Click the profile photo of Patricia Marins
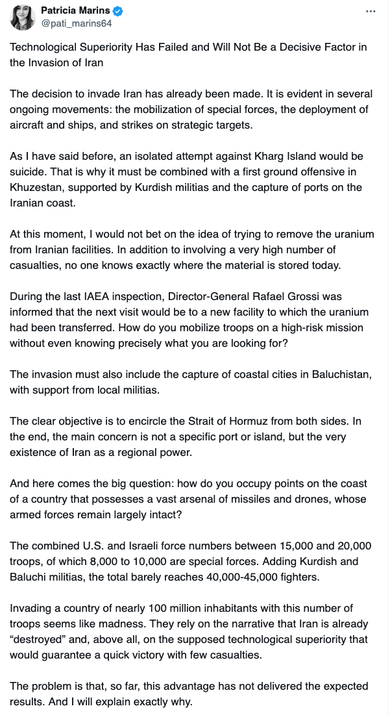click(23, 17)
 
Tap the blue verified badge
click(119, 12)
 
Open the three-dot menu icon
click(370, 12)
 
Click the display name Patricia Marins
click(76, 11)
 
